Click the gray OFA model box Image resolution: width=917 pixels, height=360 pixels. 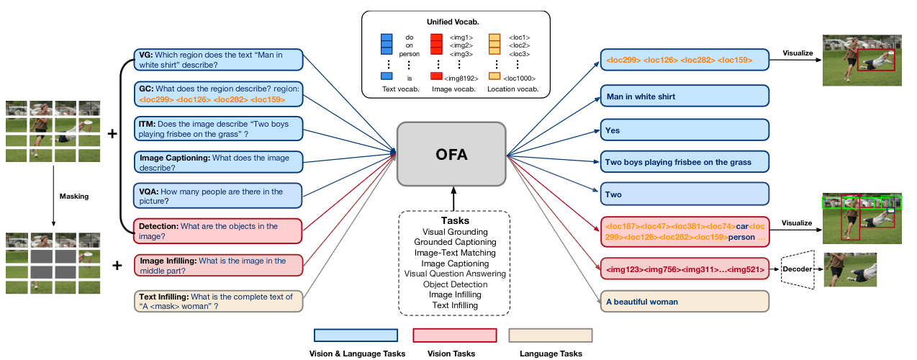(x=451, y=154)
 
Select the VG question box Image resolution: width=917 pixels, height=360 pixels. (x=219, y=60)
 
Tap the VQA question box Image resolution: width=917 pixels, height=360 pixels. (x=218, y=196)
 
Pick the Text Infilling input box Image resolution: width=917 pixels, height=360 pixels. (x=219, y=302)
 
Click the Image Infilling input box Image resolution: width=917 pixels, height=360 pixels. (x=219, y=266)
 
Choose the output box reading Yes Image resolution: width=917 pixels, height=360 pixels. (x=685, y=130)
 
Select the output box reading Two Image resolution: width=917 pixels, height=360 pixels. (x=685, y=194)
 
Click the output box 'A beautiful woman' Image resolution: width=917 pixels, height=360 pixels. (x=685, y=302)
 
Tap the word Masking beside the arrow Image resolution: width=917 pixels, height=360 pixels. (x=74, y=196)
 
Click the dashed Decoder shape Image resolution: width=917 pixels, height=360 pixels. (x=798, y=269)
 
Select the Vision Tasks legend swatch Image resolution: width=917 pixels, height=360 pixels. (x=455, y=335)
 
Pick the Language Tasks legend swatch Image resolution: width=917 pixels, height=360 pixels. (x=551, y=335)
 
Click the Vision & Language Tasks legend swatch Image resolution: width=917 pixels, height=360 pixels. (x=356, y=335)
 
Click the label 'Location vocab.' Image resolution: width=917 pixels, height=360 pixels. (x=513, y=89)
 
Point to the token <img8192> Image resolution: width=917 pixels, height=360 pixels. (x=461, y=78)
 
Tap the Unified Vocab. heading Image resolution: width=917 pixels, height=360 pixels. (x=453, y=22)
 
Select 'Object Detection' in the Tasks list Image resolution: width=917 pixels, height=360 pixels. (x=455, y=284)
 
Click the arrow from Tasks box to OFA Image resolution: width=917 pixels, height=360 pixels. (x=453, y=199)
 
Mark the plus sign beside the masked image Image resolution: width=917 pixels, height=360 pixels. (x=117, y=266)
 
